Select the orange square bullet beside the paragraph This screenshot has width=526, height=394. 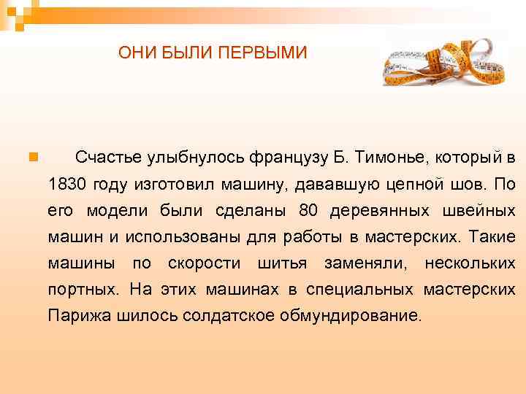click(32, 156)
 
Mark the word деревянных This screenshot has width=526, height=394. click(380, 210)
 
